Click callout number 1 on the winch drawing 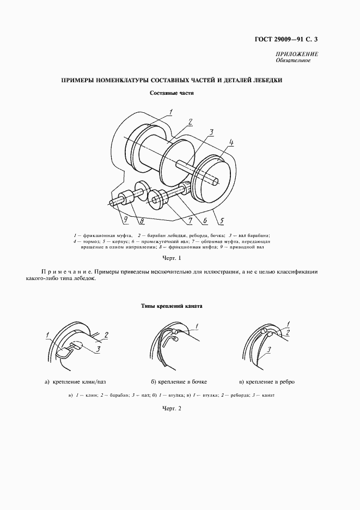(x=170, y=112)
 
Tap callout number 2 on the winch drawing (x=190, y=122)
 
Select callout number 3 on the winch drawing (x=211, y=131)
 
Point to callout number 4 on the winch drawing (x=231, y=143)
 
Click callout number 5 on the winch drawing (x=222, y=221)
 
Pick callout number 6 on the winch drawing (x=205, y=221)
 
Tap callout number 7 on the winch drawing (x=190, y=221)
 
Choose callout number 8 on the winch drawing (x=141, y=221)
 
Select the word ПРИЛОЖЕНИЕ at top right (x=298, y=54)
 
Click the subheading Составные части (x=172, y=93)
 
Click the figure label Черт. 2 (x=171, y=408)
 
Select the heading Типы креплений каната (x=171, y=306)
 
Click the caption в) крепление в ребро (x=267, y=381)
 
